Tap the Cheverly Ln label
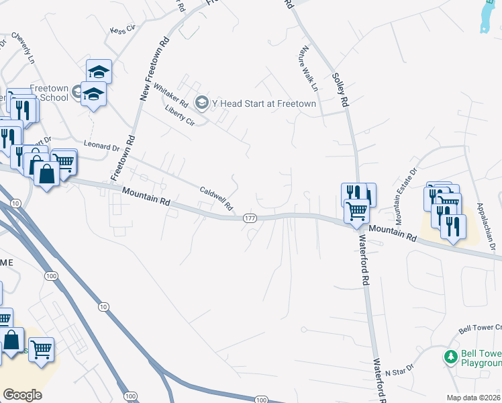(x=21, y=46)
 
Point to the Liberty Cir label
(x=179, y=115)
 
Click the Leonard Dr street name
(x=101, y=145)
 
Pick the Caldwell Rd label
(x=215, y=197)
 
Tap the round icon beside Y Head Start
(x=201, y=103)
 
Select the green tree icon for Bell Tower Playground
(x=451, y=355)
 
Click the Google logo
(x=23, y=394)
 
